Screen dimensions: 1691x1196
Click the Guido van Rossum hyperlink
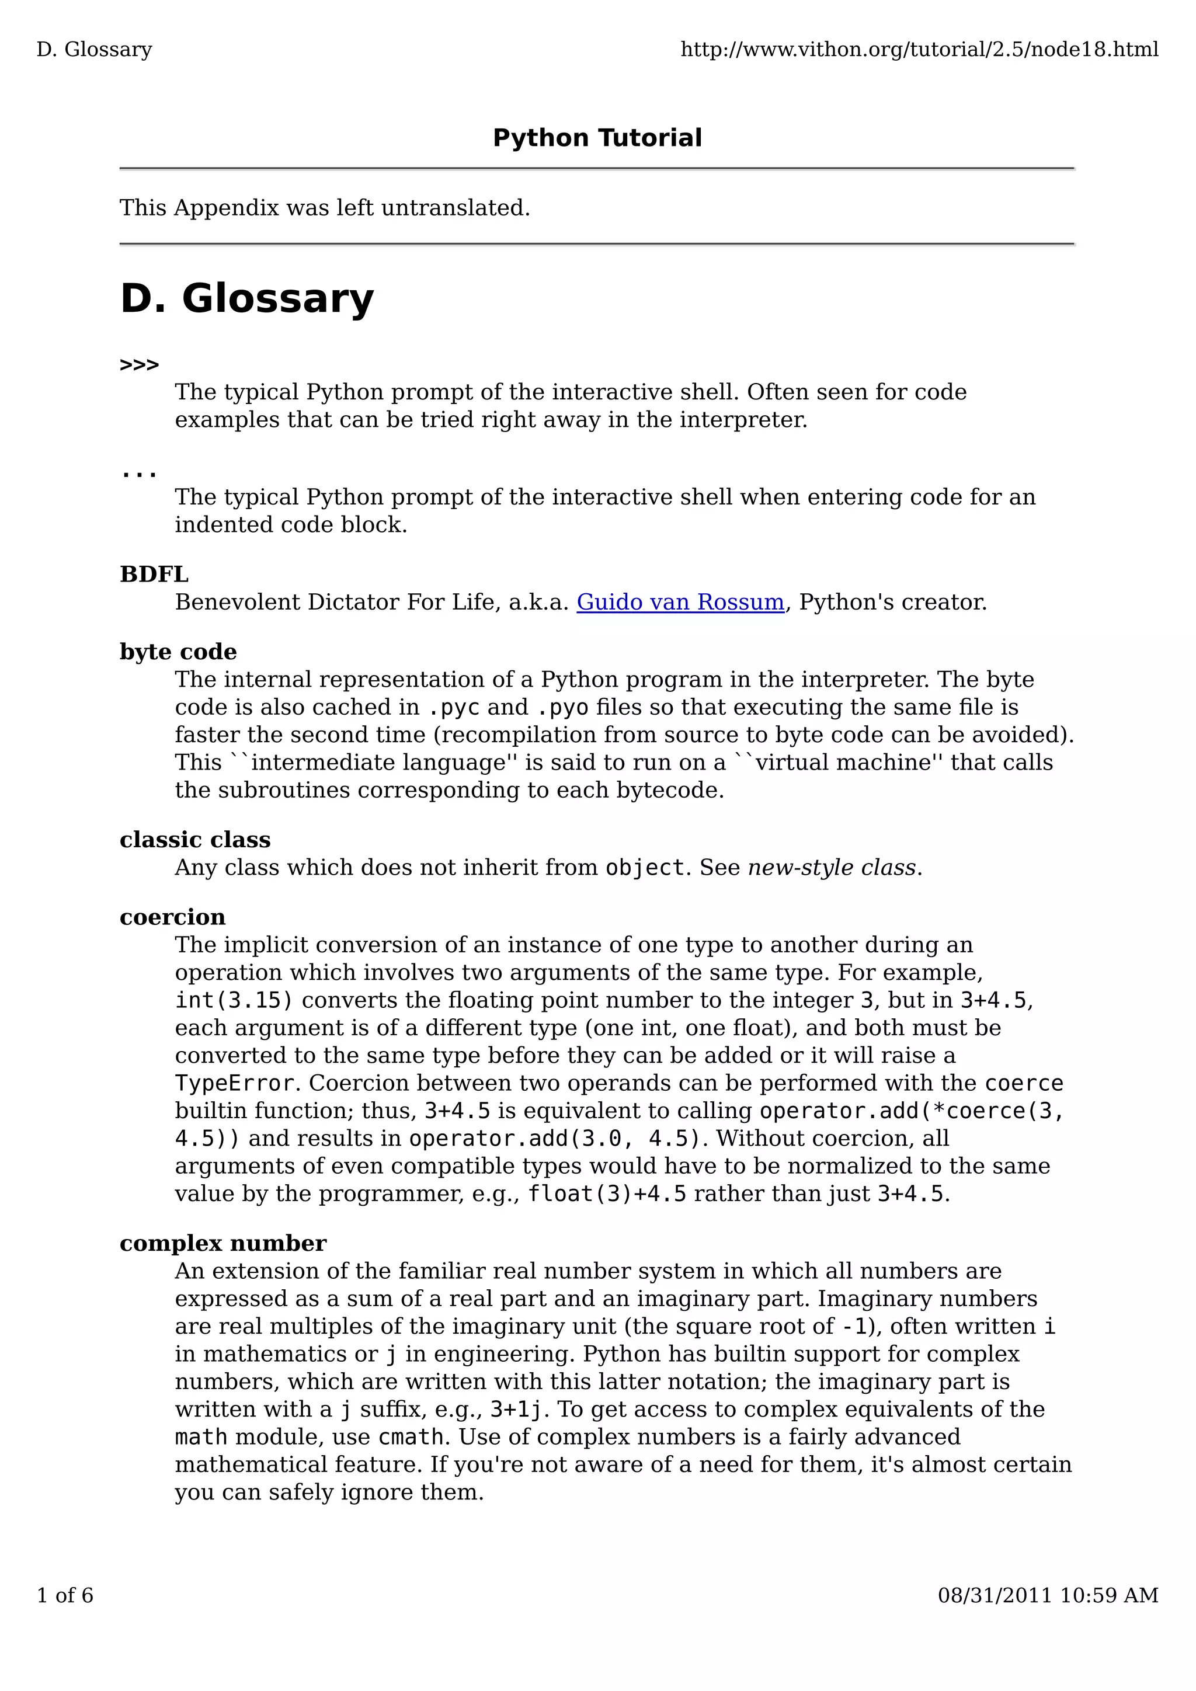point(680,603)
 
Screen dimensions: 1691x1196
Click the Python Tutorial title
point(597,138)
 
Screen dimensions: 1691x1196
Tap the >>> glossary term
point(139,366)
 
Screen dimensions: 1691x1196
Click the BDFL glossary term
point(154,575)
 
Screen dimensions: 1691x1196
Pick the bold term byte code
point(178,652)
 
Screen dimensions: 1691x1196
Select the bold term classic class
point(195,840)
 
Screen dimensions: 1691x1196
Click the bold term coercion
point(172,917)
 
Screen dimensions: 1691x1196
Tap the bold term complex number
point(222,1243)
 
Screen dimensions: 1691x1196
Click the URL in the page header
point(919,50)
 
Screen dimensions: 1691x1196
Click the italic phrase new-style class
point(832,868)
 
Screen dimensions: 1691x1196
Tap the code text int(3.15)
point(234,1000)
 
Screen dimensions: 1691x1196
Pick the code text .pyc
point(453,708)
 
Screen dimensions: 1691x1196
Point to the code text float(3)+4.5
point(607,1194)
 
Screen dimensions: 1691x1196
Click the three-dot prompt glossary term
point(138,473)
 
